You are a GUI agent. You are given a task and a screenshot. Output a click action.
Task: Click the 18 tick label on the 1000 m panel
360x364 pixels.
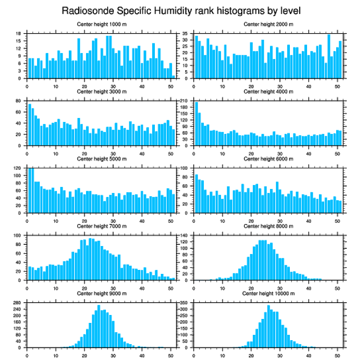[19, 34]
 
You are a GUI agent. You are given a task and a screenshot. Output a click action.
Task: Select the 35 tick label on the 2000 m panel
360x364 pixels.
[186, 34]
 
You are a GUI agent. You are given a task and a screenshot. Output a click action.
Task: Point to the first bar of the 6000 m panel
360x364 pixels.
[196, 193]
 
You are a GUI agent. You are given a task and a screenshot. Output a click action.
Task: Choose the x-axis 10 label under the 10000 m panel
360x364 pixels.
[222, 354]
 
